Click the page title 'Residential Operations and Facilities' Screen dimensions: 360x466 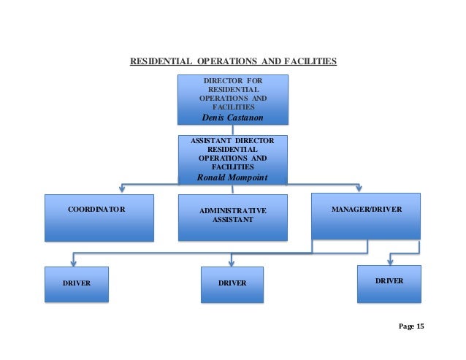pos(233,61)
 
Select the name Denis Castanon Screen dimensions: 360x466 pos(233,118)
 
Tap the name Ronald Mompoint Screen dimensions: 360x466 pos(233,177)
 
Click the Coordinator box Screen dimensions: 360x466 pos(99,217)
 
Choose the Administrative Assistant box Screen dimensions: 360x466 pos(233,217)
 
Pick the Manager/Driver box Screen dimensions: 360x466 pos(366,215)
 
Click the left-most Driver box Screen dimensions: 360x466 pos(76,284)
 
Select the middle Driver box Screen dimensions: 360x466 pos(232,284)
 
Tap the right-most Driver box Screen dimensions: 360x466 pos(389,283)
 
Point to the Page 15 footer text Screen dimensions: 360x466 pos(411,326)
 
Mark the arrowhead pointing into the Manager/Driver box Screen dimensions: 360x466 pos(358,189)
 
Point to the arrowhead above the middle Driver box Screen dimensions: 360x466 pos(232,261)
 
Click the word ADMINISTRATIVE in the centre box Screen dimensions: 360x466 pos(232,211)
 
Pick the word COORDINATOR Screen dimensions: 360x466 pos(96,210)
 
